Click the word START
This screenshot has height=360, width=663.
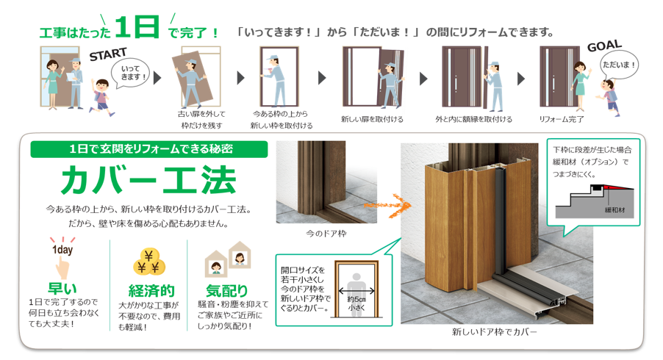tap(108, 54)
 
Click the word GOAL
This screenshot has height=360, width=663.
tap(605, 46)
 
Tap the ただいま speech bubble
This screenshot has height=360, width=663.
tap(619, 65)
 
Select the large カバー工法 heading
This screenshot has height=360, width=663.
tap(148, 181)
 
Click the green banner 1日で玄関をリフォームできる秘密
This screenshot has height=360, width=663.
tap(148, 149)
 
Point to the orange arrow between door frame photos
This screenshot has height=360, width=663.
tap(387, 206)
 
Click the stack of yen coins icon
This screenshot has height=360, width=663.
tap(148, 262)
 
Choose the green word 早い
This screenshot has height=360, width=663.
tap(62, 289)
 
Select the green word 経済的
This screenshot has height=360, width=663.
tap(151, 291)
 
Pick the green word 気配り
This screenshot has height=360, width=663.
tap(226, 291)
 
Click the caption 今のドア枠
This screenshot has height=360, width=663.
tap(326, 233)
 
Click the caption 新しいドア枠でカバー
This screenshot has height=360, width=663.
tap(494, 332)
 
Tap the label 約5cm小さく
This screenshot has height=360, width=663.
tap(356, 303)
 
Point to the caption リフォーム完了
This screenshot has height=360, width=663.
tap(561, 119)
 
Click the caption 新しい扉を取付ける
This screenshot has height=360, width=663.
tap(372, 119)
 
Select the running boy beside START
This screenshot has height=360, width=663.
tap(102, 97)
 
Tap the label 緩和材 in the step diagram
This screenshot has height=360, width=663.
tap(614, 210)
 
